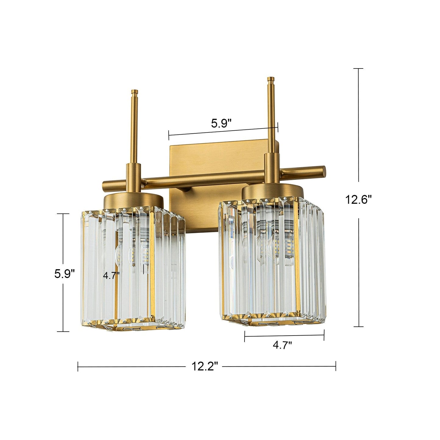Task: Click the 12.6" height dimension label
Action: (x=358, y=200)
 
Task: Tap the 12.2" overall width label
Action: (x=205, y=366)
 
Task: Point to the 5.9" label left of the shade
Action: (x=65, y=274)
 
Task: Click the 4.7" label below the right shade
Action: (x=282, y=345)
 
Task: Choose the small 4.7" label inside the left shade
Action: (x=111, y=276)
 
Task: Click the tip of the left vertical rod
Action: (x=134, y=92)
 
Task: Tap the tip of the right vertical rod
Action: (x=270, y=79)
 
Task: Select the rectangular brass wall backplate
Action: (x=213, y=158)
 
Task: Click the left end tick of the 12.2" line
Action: (x=78, y=366)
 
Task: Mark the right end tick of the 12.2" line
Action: (x=336, y=366)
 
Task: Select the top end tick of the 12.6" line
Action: (x=358, y=69)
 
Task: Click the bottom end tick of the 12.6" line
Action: (x=358, y=327)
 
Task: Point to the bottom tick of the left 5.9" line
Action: (x=63, y=331)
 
